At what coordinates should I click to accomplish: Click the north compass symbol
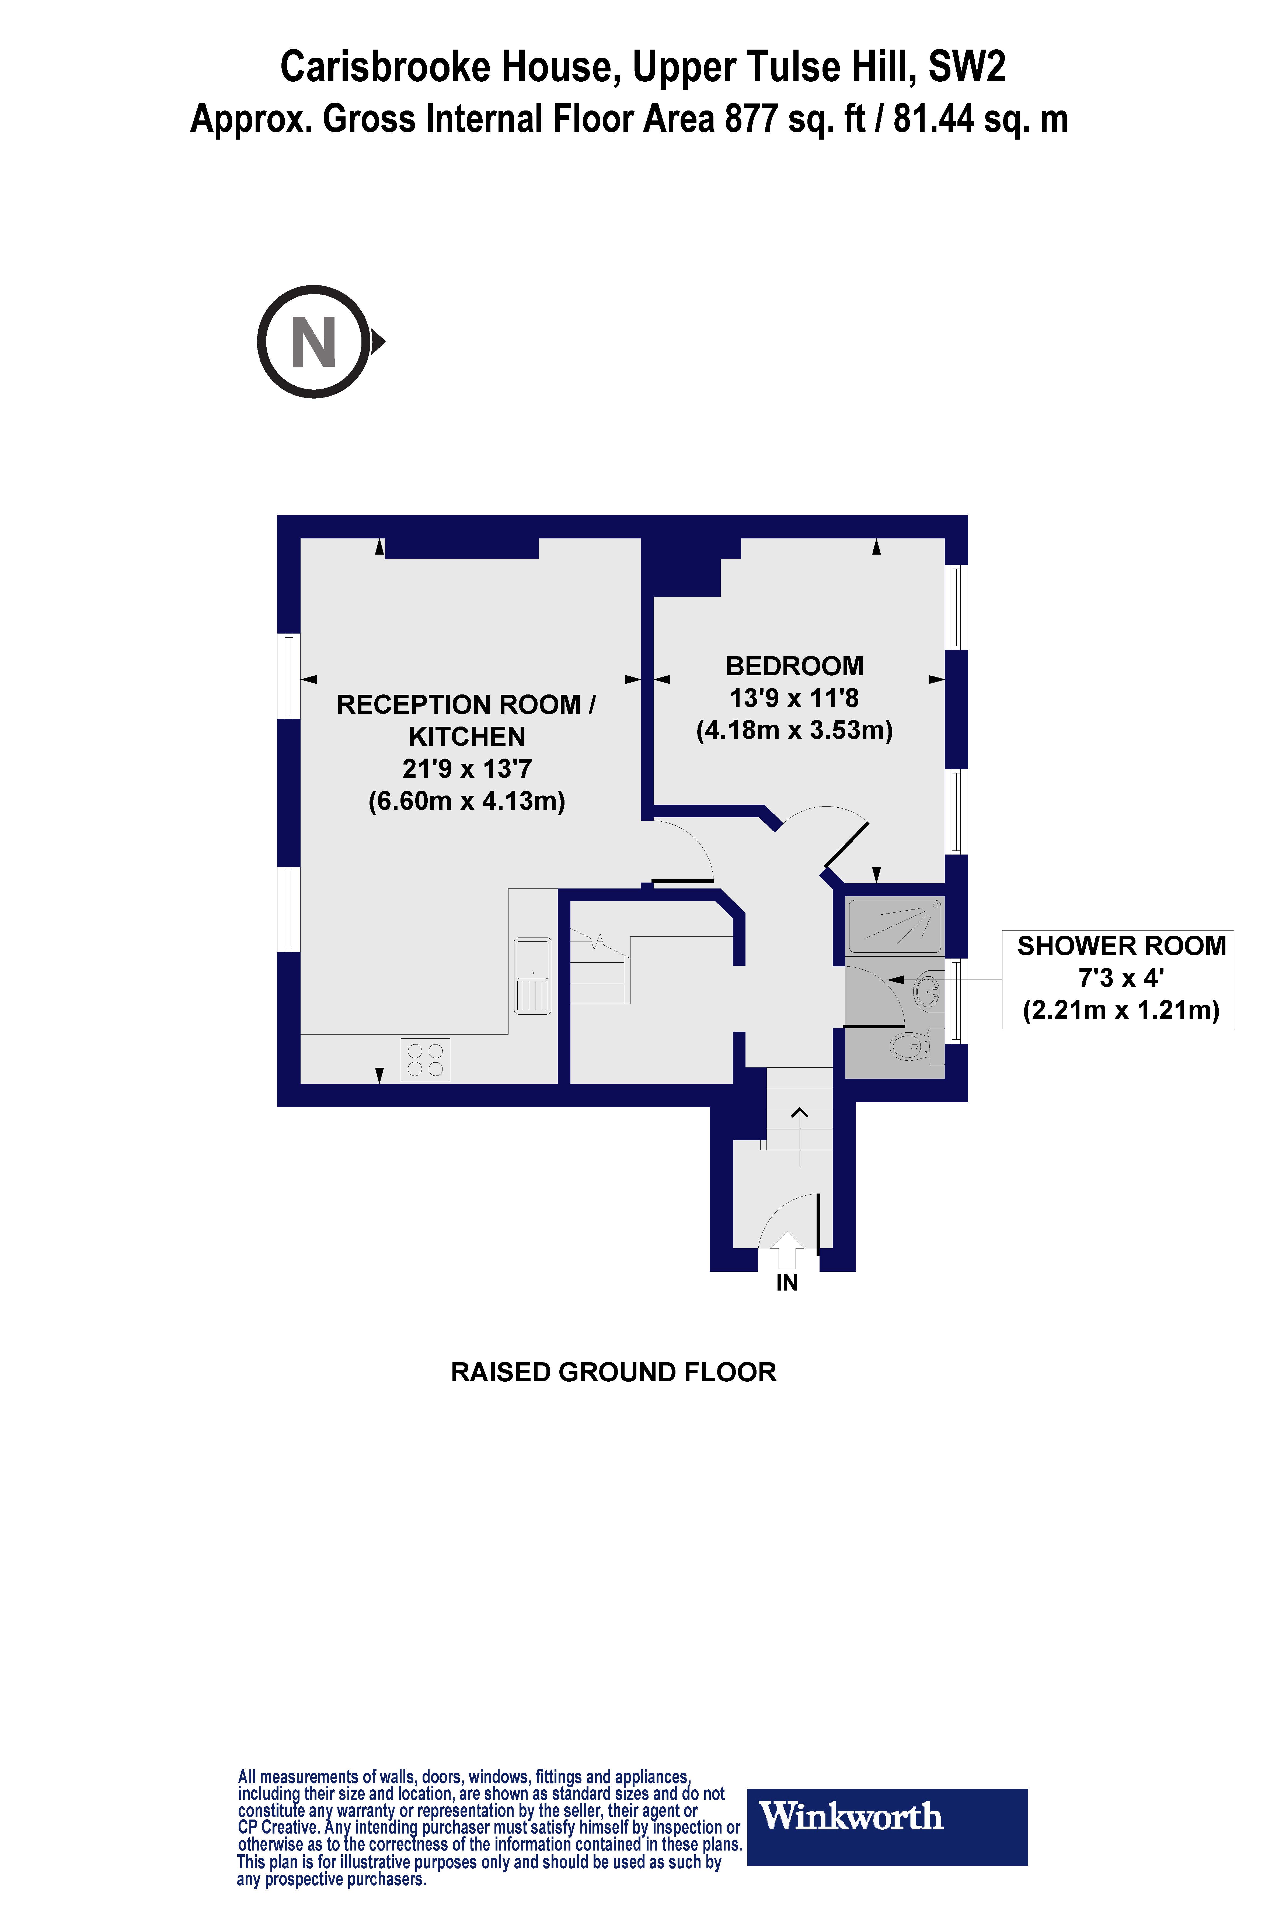pos(315,342)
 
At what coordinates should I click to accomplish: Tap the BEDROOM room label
pos(794,666)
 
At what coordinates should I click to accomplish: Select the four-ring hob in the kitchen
pos(425,1059)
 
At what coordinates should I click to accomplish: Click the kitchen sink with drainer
pos(532,976)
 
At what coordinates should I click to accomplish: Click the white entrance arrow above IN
pos(787,1250)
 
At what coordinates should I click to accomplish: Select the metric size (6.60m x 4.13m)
pos(466,801)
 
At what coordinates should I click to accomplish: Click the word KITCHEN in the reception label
pos(466,737)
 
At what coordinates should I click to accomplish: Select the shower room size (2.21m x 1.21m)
pos(1121,1011)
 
